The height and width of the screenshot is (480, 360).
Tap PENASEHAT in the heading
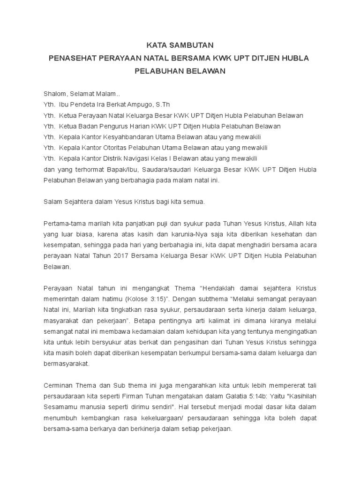click(75, 58)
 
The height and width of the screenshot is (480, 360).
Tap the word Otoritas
click(114, 148)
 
